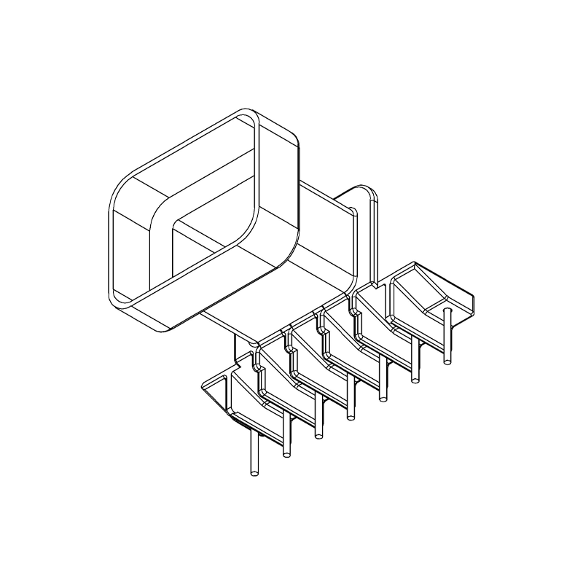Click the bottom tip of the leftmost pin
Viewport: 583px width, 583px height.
[254, 474]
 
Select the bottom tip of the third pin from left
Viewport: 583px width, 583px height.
[318, 437]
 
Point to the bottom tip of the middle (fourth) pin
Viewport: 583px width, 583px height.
[351, 418]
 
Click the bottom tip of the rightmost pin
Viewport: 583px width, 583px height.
[447, 360]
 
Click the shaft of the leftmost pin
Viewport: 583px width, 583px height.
[254, 452]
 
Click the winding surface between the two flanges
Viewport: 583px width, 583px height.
[321, 219]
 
